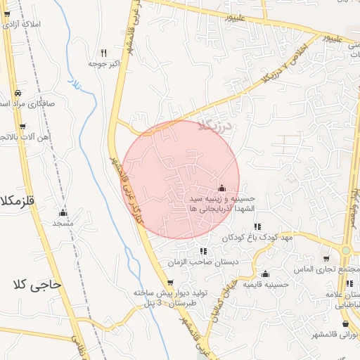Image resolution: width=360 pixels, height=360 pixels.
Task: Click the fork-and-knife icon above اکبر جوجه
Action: pyautogui.click(x=103, y=53)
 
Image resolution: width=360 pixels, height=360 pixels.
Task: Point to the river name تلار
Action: pyautogui.click(x=74, y=86)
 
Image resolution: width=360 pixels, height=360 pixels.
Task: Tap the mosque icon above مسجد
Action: pyautogui.click(x=63, y=212)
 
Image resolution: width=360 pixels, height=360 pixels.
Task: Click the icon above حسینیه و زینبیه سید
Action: pyautogui.click(x=222, y=188)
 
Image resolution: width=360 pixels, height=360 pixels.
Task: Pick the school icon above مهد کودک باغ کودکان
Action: pyautogui.click(x=257, y=226)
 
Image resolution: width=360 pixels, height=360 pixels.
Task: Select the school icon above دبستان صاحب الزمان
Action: pyautogui.click(x=203, y=251)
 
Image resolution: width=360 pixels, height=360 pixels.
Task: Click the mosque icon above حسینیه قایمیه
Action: pyautogui.click(x=265, y=274)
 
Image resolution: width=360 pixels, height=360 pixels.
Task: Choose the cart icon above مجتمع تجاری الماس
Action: pyautogui.click(x=325, y=259)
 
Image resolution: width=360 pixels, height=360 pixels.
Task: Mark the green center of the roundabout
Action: pyautogui.click(x=347, y=250)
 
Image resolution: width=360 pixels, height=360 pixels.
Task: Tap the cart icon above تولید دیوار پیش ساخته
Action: pyautogui.click(x=169, y=282)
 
